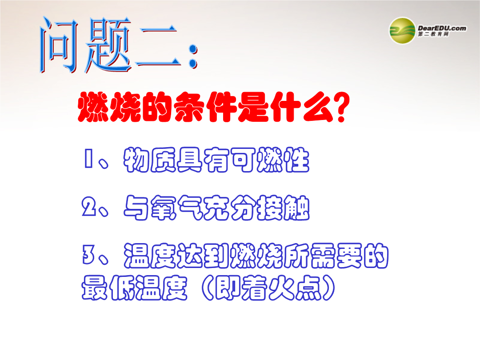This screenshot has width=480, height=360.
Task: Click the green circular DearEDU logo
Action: [x=402, y=31]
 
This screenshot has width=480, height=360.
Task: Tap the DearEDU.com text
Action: [x=442, y=28]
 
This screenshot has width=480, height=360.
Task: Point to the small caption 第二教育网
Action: [x=433, y=34]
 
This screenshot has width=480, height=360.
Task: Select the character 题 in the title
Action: [x=108, y=45]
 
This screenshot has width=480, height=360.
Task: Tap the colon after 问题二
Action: [x=193, y=56]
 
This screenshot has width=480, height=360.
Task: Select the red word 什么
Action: [x=301, y=107]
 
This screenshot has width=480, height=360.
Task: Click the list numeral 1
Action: [x=88, y=159]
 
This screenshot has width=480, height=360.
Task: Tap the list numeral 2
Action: [x=89, y=206]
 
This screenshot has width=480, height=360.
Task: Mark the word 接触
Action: [x=283, y=208]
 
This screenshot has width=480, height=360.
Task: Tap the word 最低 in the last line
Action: [x=108, y=288]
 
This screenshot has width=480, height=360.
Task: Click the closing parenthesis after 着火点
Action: [x=328, y=288]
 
